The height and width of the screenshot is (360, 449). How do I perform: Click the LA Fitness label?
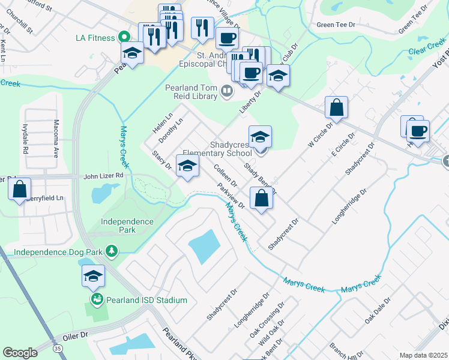pos(95,38)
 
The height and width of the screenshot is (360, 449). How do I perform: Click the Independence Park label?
pos(127,226)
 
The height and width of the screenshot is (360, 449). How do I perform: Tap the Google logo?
pos(20,353)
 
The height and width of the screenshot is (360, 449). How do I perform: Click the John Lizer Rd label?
pos(103,176)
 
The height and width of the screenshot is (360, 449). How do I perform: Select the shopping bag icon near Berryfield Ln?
pos(20,189)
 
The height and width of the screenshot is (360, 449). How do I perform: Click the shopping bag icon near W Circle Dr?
pos(337,108)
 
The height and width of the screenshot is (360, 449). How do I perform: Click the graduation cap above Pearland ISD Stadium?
pos(93,275)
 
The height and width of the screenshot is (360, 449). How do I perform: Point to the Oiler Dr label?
pos(73,335)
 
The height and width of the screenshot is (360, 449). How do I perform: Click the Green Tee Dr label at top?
pos(336,25)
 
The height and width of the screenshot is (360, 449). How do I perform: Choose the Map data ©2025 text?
pos(423,355)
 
